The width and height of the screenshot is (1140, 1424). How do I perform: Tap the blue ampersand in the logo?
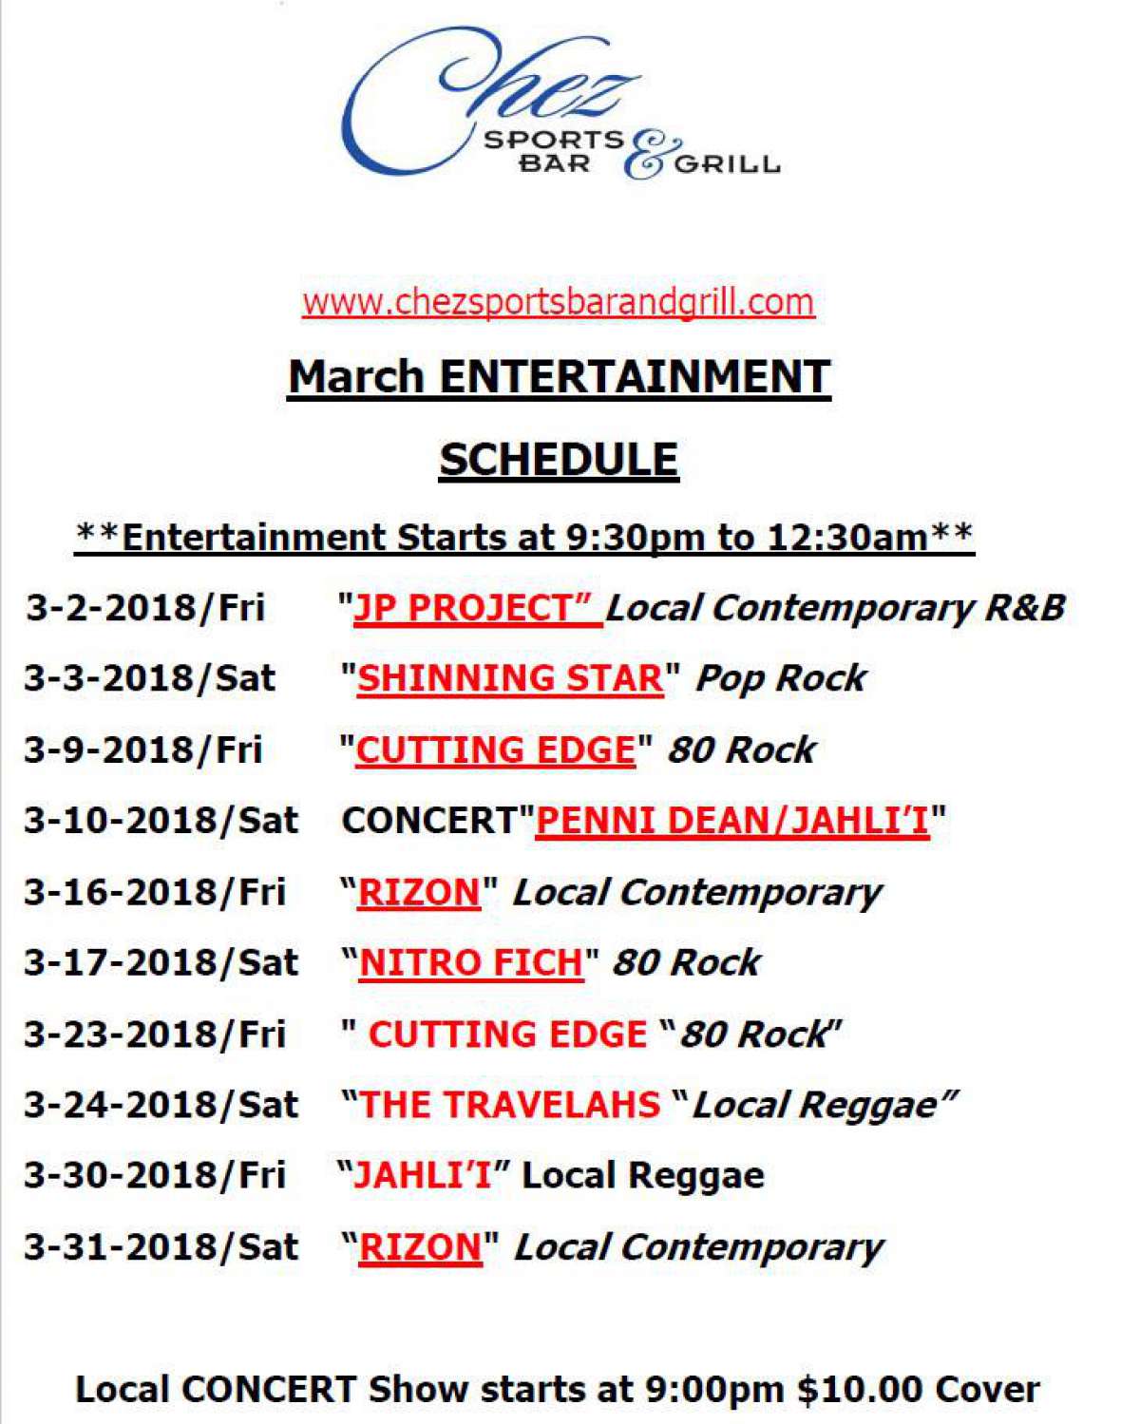click(653, 154)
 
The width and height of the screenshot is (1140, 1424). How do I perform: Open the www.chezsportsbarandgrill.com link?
click(558, 302)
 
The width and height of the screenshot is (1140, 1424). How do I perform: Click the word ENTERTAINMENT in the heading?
click(635, 376)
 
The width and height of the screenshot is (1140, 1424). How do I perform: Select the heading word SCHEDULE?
click(560, 459)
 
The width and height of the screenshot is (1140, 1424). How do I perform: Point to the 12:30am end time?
click(847, 537)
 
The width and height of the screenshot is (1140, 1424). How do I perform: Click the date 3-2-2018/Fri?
click(145, 607)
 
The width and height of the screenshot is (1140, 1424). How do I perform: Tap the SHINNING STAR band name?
click(510, 678)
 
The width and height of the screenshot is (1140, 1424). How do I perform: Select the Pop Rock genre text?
click(780, 679)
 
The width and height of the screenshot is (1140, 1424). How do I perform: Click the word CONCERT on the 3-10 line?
click(428, 821)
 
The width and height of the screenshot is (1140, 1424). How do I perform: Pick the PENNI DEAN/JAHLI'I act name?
click(732, 821)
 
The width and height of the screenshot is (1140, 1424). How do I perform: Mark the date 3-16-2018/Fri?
click(155, 892)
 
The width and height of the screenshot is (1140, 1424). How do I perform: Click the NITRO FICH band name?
click(470, 962)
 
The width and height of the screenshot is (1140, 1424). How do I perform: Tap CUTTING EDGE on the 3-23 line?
click(507, 1035)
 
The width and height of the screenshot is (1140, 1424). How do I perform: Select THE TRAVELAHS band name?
click(509, 1105)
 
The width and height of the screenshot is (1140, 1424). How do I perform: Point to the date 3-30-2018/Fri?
click(155, 1175)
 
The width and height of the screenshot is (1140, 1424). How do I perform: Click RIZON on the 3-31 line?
click(420, 1247)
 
